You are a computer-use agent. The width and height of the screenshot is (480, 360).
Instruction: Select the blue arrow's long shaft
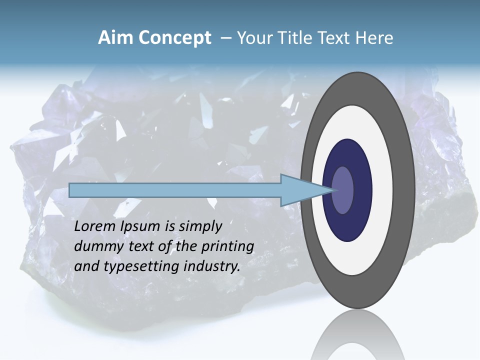[x=175, y=190]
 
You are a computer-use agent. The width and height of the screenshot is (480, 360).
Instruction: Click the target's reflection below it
[x=357, y=335]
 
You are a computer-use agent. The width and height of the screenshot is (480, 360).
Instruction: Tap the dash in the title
[x=226, y=38]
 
